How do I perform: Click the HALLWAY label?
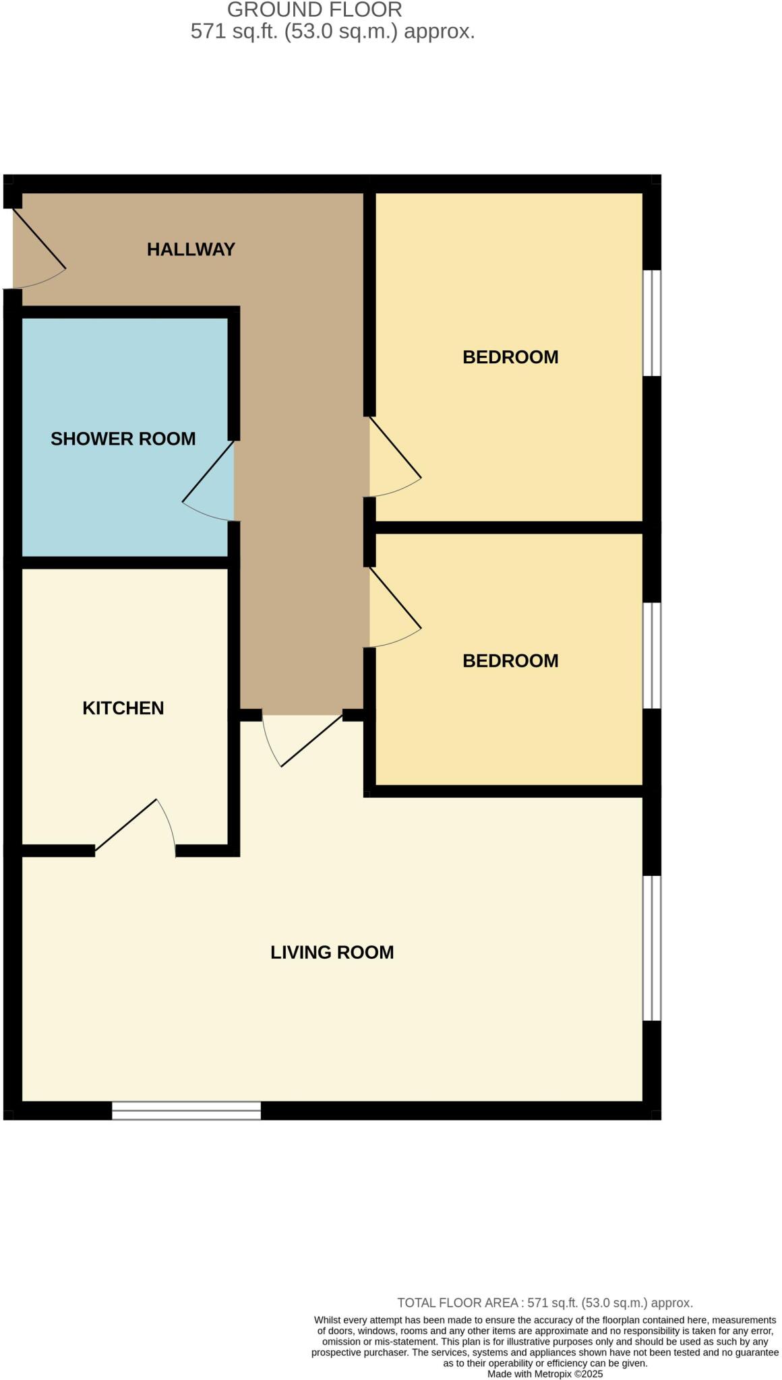pyautogui.click(x=191, y=249)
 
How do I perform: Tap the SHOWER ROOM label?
pyautogui.click(x=123, y=439)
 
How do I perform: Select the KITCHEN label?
pyautogui.click(x=123, y=708)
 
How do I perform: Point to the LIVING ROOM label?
pyautogui.click(x=332, y=952)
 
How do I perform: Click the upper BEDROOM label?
pyautogui.click(x=510, y=357)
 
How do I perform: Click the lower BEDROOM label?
pyautogui.click(x=510, y=661)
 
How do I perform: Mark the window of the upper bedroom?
pyautogui.click(x=651, y=323)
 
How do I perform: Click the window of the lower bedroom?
pyautogui.click(x=651, y=655)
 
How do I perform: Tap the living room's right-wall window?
pyautogui.click(x=651, y=948)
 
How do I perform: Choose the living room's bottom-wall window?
pyautogui.click(x=186, y=1110)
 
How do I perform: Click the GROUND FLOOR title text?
pyautogui.click(x=314, y=10)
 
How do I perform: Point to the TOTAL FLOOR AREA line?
pyautogui.click(x=545, y=1303)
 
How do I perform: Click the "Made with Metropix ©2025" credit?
pyautogui.click(x=545, y=1373)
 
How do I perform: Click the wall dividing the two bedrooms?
pyautogui.click(x=508, y=527)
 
